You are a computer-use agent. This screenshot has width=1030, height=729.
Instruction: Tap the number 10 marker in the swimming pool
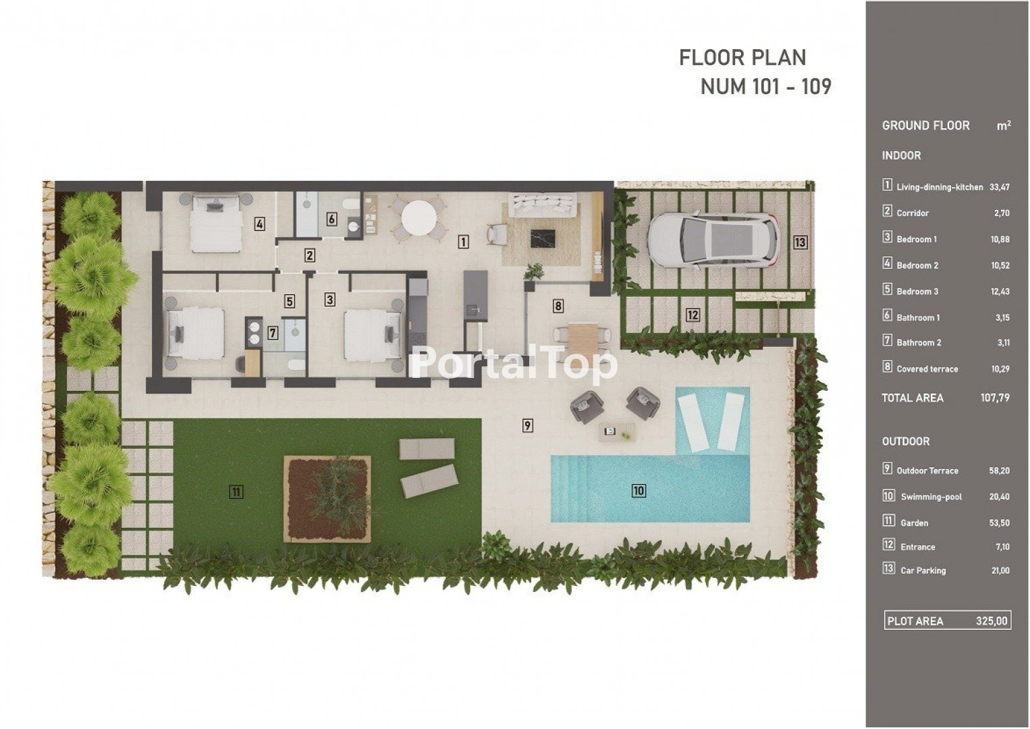639,491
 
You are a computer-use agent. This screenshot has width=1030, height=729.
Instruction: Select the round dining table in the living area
419,219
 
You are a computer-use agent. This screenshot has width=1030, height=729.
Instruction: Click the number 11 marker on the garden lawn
236,492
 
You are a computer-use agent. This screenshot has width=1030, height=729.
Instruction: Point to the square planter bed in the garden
327,499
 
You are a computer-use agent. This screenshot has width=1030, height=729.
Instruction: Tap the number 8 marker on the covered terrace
558,306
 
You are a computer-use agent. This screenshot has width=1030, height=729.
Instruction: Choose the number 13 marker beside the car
800,242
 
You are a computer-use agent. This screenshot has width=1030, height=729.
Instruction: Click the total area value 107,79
995,398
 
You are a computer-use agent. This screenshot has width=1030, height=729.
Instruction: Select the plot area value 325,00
992,621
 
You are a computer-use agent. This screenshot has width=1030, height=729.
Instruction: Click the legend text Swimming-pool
931,497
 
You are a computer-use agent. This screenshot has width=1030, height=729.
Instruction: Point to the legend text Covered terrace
927,369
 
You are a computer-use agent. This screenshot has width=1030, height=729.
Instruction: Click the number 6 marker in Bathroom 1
331,219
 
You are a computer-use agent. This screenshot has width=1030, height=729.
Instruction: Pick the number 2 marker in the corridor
309,255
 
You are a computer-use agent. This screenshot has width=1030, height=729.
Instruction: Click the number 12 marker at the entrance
693,315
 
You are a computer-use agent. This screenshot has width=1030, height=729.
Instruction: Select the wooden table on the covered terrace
582,339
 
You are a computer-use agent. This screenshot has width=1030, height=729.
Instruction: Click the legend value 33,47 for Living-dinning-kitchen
1000,187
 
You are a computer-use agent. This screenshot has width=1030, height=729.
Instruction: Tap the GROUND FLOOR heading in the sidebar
925,126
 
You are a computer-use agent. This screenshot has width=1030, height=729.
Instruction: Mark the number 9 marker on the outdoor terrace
527,425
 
